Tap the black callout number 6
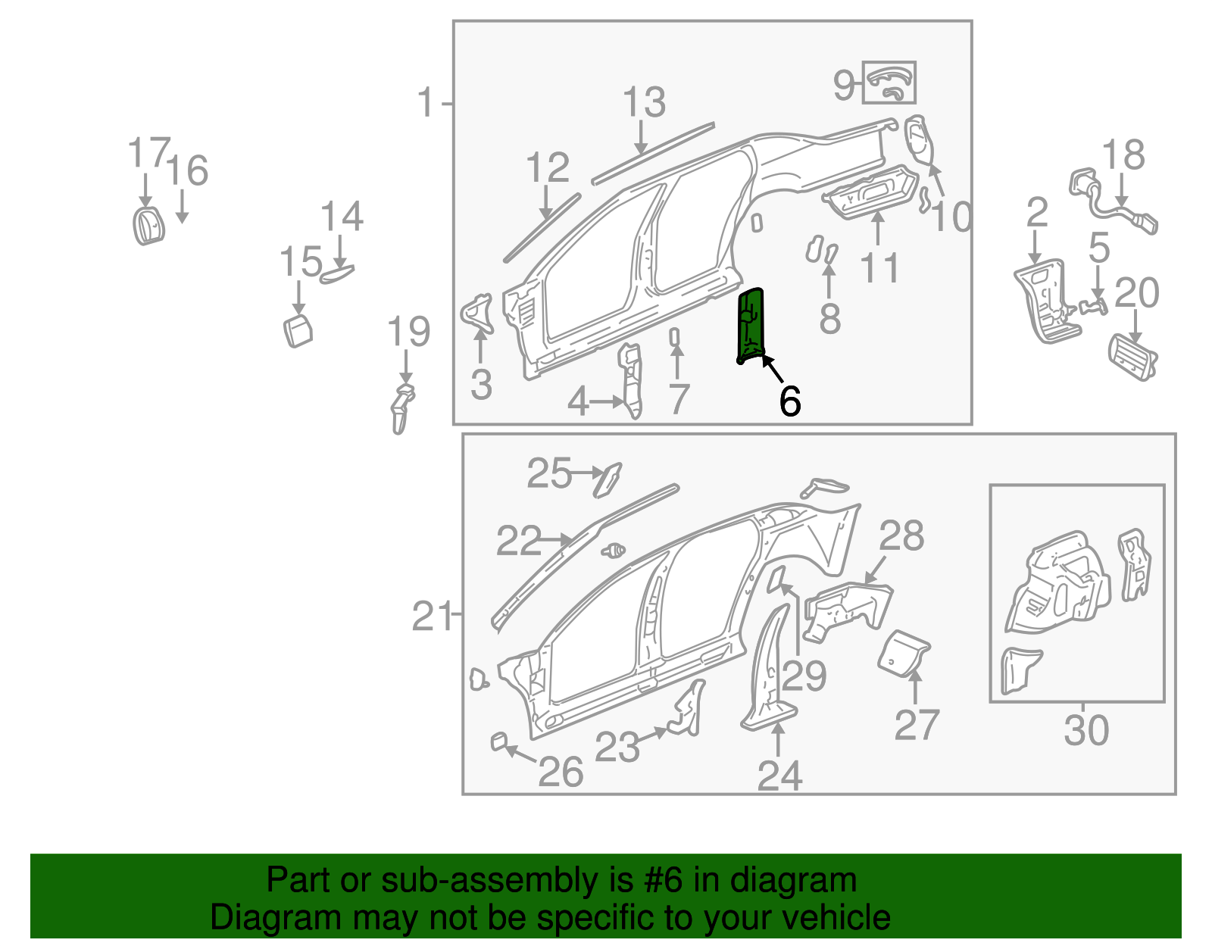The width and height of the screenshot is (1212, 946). pos(789,401)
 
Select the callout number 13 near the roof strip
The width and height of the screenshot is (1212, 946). pos(644,102)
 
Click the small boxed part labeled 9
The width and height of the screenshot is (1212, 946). pos(889,83)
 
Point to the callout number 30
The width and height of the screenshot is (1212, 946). pos(1085,731)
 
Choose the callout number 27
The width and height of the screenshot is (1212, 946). pos(917,725)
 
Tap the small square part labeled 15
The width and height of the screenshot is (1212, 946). pos(298,332)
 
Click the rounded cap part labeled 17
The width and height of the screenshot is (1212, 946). pos(148,225)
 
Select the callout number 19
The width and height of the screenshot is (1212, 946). pos(408,333)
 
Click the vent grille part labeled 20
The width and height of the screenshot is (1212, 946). pos(1132,357)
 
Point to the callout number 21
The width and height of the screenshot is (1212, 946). pos(431,617)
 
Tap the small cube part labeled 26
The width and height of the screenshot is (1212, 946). pos(498,741)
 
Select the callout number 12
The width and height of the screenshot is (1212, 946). pos(547,168)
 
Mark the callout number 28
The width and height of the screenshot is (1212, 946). pos(901,536)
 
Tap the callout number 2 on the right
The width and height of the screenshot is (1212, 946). pos(1036,213)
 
